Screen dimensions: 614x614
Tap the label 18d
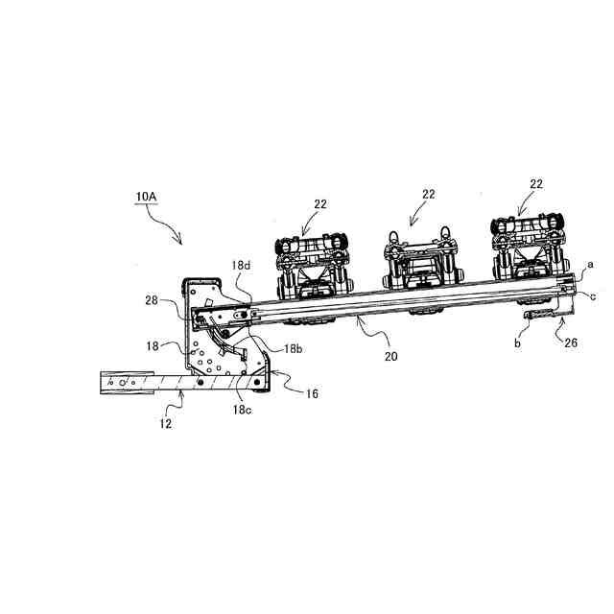click(x=241, y=266)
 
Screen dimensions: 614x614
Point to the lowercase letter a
click(x=591, y=262)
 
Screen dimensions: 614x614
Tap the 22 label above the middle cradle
click(x=428, y=194)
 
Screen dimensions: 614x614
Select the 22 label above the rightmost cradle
click(x=535, y=183)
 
